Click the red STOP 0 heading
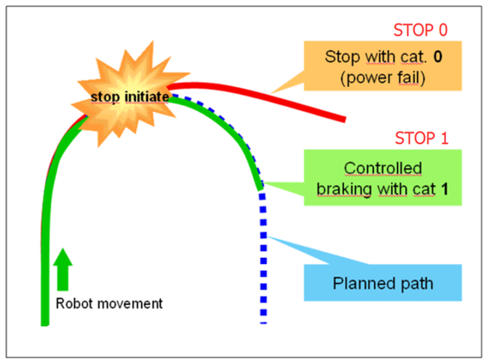[421, 31]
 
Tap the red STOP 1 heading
[422, 139]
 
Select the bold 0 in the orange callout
[437, 57]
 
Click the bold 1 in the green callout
[444, 189]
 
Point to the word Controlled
[382, 168]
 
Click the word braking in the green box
[344, 189]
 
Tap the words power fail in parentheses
[382, 78]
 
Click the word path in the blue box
[416, 283]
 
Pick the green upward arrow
[63, 269]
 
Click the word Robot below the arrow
[74, 303]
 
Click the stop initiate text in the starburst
[130, 97]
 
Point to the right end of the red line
[345, 119]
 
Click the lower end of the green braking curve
[260, 188]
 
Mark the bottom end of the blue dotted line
[263, 323]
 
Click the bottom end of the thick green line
[45, 324]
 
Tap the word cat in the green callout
[424, 189]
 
